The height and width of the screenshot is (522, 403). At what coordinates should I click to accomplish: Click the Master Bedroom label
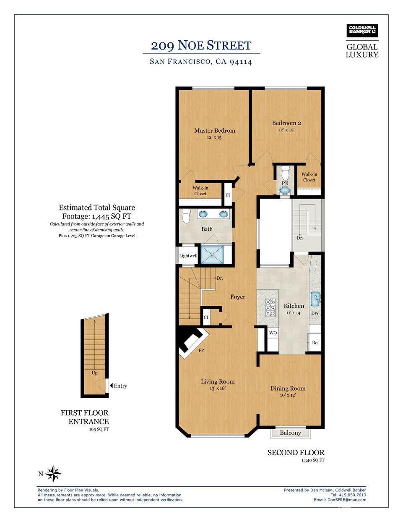pyautogui.click(x=214, y=131)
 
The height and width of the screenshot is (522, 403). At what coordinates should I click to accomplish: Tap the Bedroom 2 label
pyautogui.click(x=286, y=123)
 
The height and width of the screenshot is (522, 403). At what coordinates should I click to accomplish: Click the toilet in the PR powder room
pyautogui.click(x=285, y=172)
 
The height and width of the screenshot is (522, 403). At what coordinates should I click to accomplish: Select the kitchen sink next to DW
pyautogui.click(x=315, y=299)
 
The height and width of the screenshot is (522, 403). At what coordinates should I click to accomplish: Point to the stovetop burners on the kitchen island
pyautogui.click(x=270, y=307)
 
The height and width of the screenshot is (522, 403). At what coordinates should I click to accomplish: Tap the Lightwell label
pyautogui.click(x=188, y=256)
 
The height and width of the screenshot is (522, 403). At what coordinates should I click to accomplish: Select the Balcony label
pyautogui.click(x=290, y=433)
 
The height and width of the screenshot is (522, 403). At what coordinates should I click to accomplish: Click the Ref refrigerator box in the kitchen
pyautogui.click(x=315, y=342)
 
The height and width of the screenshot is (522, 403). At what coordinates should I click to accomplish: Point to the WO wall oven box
pyautogui.click(x=273, y=333)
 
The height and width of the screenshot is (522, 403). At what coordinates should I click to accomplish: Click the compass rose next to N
pyautogui.click(x=53, y=474)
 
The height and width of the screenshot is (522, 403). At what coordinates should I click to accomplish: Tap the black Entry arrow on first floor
pyautogui.click(x=111, y=386)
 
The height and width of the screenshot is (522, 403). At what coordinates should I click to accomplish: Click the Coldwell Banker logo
pyautogui.click(x=362, y=31)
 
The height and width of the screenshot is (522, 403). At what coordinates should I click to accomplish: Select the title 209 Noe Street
pyautogui.click(x=201, y=45)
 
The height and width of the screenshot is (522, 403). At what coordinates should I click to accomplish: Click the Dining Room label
pyautogui.click(x=288, y=388)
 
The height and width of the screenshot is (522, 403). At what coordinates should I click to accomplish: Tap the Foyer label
pyautogui.click(x=237, y=297)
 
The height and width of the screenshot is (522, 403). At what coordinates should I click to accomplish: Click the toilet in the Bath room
pyautogui.click(x=186, y=216)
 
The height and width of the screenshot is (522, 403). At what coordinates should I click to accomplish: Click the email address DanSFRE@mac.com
pyautogui.click(x=346, y=500)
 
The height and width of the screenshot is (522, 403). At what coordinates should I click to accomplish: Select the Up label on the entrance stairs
pyautogui.click(x=94, y=373)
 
